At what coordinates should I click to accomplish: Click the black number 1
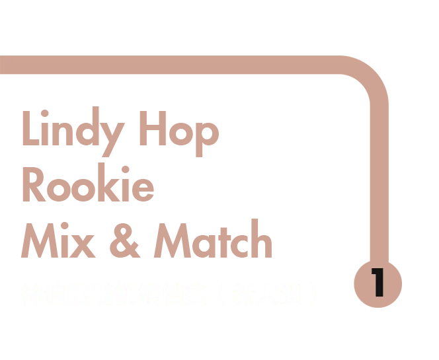[x=378, y=282]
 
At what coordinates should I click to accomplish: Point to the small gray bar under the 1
[x=378, y=308]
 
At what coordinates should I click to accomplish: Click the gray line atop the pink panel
[x=180, y=54]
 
